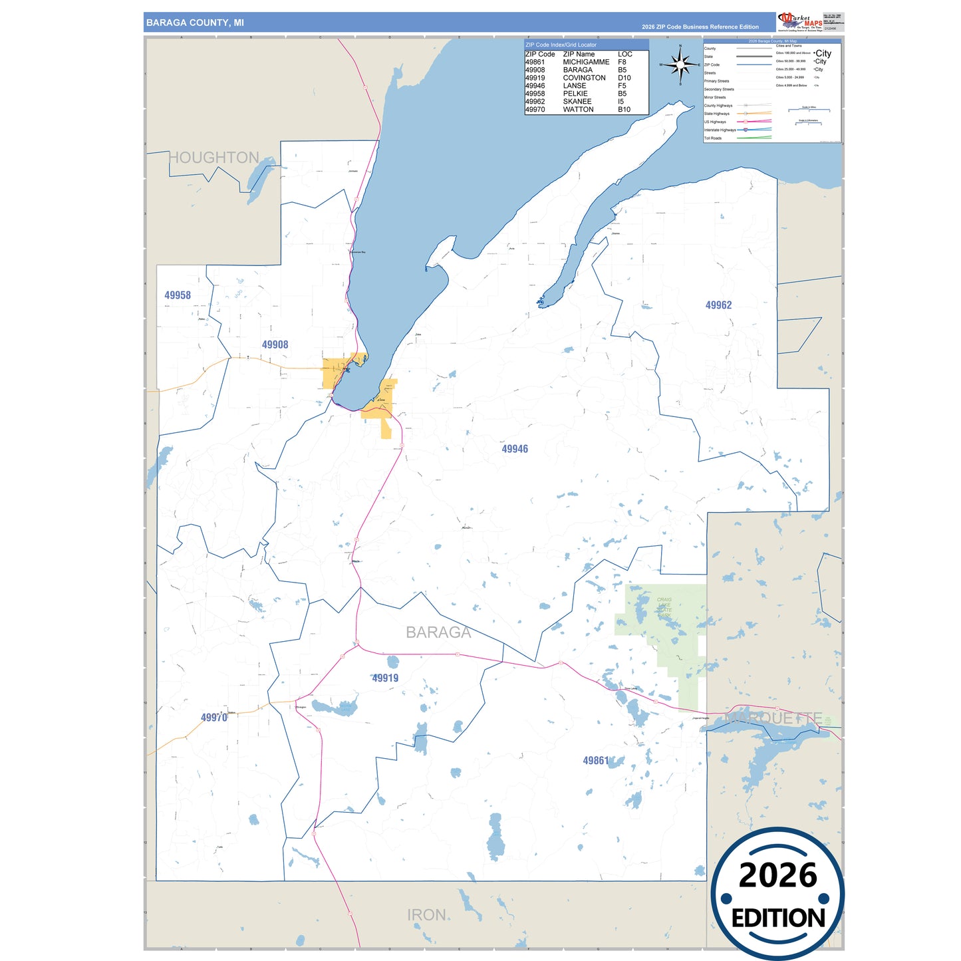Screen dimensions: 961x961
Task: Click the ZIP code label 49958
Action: click(x=178, y=295)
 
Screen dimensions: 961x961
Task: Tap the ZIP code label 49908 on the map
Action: click(x=275, y=344)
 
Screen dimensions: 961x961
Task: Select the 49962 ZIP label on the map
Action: click(x=718, y=305)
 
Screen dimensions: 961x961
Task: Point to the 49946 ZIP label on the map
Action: click(x=515, y=449)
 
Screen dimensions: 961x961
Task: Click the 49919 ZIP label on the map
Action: click(x=385, y=678)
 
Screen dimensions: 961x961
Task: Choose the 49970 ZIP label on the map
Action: click(x=213, y=718)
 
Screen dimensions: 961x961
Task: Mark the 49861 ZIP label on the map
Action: click(x=595, y=761)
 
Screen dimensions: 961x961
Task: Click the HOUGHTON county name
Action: click(x=213, y=158)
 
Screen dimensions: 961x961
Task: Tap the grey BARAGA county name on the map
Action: click(x=438, y=632)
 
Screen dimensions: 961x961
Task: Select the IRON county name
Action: click(x=426, y=915)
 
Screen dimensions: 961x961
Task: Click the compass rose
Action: click(x=680, y=65)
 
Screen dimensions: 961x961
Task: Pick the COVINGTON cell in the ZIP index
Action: click(x=584, y=78)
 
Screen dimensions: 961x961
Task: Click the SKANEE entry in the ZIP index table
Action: click(x=577, y=102)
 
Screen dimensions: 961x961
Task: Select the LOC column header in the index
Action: click(x=624, y=55)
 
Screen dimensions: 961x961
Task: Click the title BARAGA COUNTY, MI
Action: click(x=195, y=23)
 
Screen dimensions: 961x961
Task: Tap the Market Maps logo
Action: click(x=800, y=21)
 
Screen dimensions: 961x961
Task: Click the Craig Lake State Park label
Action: click(x=664, y=608)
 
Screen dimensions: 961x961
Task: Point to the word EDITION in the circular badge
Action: click(x=777, y=918)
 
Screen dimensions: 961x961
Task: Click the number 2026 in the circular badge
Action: click(x=777, y=875)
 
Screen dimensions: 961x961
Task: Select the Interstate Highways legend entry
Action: click(x=720, y=130)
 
